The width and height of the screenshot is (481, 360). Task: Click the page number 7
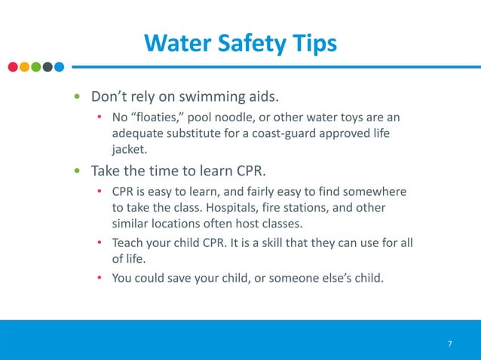coord(450,344)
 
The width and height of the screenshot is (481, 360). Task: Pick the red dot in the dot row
coord(13,66)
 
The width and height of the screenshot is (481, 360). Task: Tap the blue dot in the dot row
coord(59,66)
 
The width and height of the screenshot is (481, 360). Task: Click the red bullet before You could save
coord(99,278)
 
